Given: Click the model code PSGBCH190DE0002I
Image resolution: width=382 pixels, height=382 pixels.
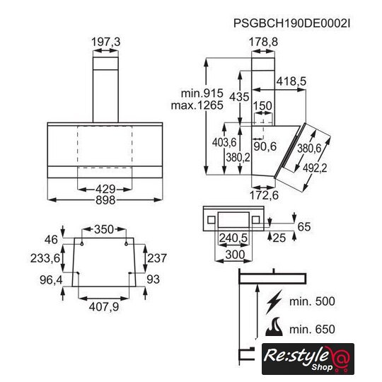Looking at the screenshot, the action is pos(292,23).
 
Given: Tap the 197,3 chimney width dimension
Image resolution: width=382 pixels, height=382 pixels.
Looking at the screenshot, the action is pos(105,42).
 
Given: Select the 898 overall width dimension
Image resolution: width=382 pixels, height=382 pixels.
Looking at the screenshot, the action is pos(105,200).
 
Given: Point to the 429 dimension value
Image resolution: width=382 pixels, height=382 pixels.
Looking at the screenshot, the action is pos(105,189).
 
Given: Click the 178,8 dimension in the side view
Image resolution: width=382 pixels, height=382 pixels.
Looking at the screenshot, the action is pos(263,42).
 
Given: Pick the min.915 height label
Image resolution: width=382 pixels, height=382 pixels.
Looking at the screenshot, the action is pos(202,93).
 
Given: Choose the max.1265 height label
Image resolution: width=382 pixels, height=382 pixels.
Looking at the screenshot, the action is pos(197,105).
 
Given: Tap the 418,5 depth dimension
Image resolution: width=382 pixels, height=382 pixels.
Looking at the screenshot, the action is pos(291,81).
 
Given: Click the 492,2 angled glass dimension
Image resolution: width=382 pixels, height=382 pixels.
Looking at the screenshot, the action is pos(315,168).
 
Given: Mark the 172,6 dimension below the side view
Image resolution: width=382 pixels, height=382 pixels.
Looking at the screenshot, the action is pos(264,195).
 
